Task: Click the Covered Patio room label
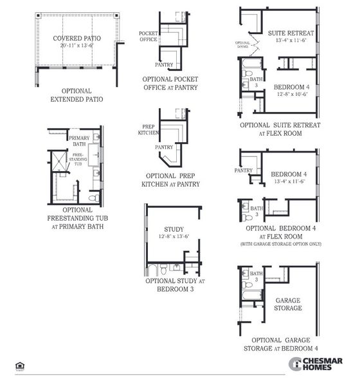tap(76, 38)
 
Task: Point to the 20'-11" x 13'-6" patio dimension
tap(76, 46)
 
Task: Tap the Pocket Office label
tap(148, 36)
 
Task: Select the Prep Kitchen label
tap(148, 129)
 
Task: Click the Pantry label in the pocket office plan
tap(164, 64)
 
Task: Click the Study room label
tap(174, 228)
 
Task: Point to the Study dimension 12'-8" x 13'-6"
tap(174, 236)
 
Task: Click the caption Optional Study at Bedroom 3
tap(174, 284)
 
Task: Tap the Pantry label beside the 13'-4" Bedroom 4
tap(244, 170)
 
